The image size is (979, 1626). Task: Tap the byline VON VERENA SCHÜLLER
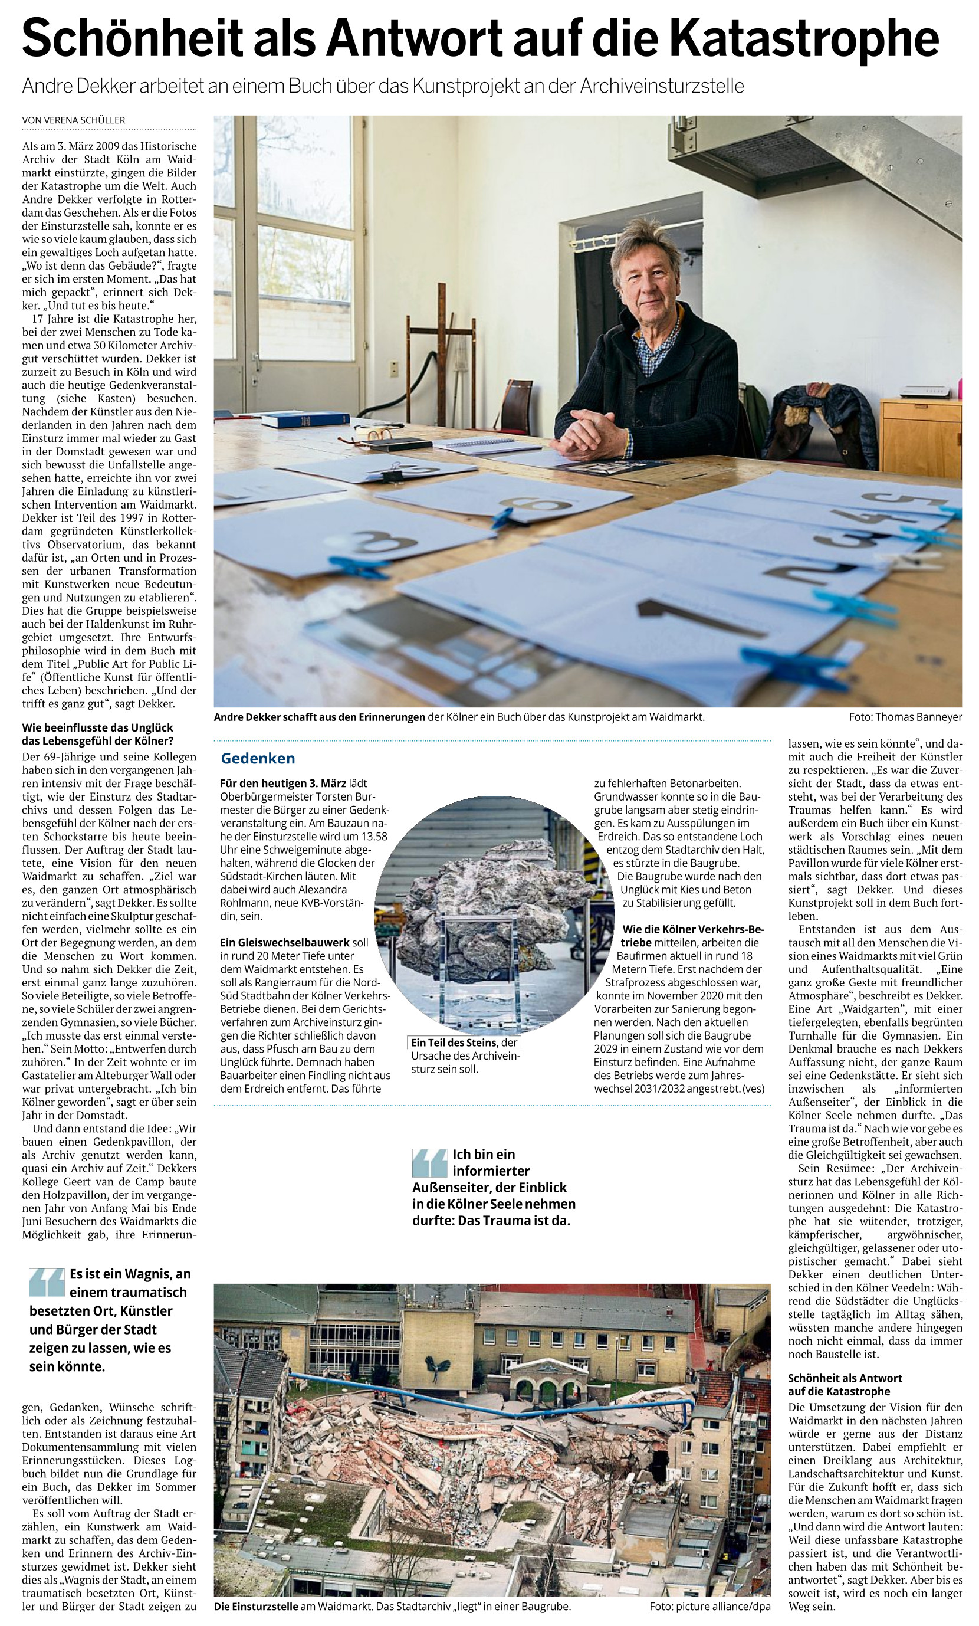(x=73, y=120)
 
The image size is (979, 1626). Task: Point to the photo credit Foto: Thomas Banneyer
(x=905, y=717)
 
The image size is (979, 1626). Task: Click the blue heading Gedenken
(x=258, y=758)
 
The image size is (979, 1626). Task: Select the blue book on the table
(x=304, y=418)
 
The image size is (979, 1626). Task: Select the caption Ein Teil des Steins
(x=453, y=1043)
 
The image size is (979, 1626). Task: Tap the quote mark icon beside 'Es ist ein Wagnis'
(x=46, y=1282)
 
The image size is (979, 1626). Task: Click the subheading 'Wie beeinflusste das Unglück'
(x=98, y=735)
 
